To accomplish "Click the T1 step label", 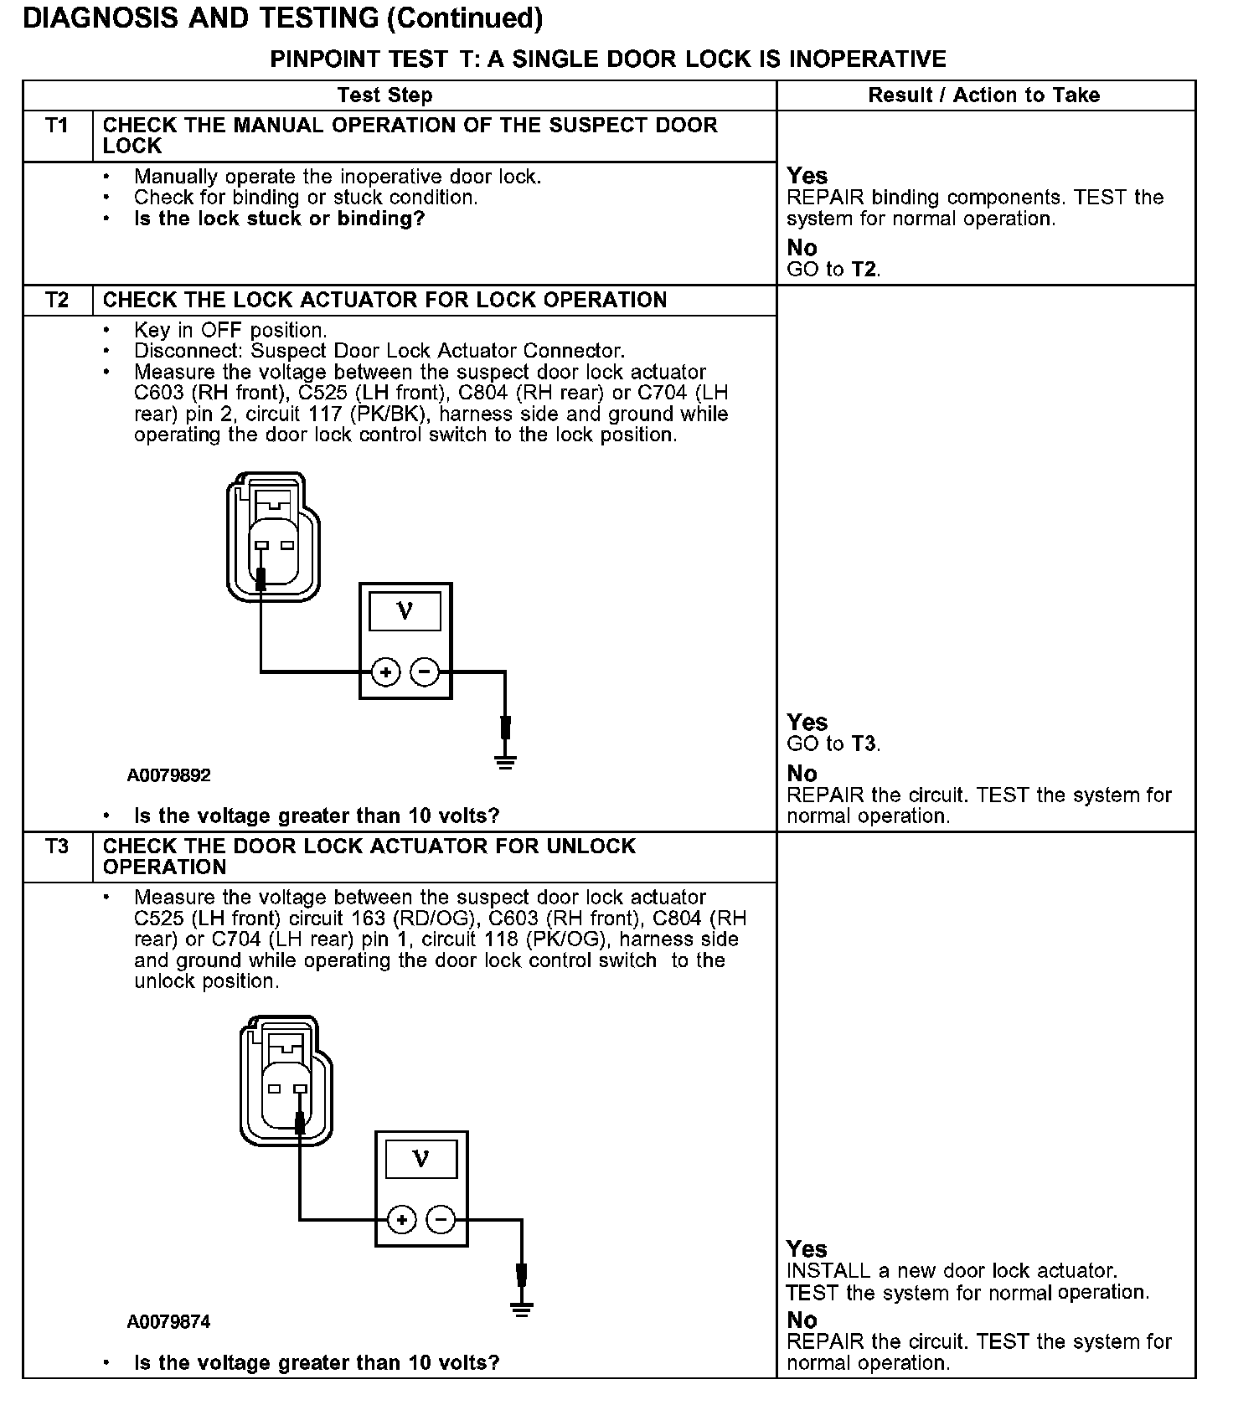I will pos(57,126).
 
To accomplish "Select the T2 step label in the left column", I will pos(57,300).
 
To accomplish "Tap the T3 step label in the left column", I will pos(57,847).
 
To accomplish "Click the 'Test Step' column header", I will pos(384,95).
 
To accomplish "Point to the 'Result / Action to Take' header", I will pos(984,95).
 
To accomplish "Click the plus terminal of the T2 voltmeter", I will pos(385,672).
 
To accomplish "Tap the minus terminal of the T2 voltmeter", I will pos(425,672).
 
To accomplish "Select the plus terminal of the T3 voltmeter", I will pos(402,1219).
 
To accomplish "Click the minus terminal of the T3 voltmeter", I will pos(441,1219).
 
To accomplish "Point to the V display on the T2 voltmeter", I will pos(405,611).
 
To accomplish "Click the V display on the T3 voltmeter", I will pos(421,1160).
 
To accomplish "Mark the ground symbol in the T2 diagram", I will pos(505,761).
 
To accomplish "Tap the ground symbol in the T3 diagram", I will pos(522,1309).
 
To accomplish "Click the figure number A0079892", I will pos(169,775).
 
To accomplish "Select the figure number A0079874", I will pos(169,1322).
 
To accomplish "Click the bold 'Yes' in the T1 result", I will pos(807,176).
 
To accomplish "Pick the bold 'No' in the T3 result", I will pos(802,1320).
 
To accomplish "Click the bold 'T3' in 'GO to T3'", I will pos(865,744).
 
